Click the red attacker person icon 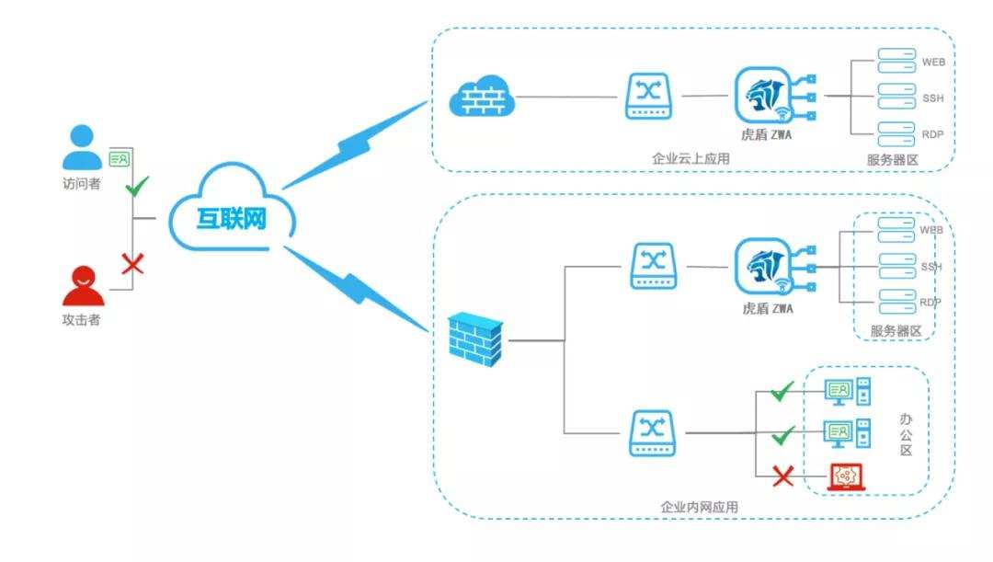point(83,285)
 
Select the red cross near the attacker point(133,264)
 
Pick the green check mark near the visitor point(136,189)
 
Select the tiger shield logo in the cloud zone point(764,95)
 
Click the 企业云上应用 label point(690,159)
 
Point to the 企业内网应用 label point(699,507)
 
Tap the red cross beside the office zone point(782,476)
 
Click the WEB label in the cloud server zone point(933,63)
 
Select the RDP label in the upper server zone point(932,135)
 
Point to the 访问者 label point(81,183)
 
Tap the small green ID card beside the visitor point(120,158)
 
